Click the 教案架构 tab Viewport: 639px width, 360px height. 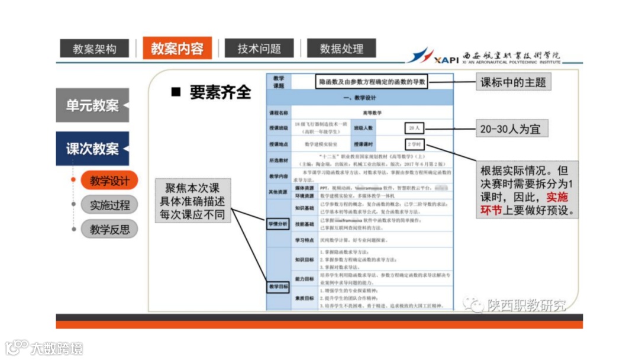[x=95, y=49]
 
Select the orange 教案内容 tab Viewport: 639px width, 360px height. [x=177, y=48]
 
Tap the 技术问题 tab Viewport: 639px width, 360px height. [x=259, y=49]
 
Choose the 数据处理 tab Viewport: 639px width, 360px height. [x=341, y=49]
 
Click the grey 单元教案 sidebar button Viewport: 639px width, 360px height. [x=92, y=106]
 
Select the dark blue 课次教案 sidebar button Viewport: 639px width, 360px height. [x=92, y=149]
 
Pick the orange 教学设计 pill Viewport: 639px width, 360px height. [x=109, y=180]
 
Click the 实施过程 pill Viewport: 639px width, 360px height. [x=109, y=205]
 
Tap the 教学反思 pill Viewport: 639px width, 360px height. [x=109, y=229]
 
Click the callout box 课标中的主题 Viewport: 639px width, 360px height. [x=513, y=82]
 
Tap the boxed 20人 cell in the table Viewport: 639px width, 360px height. [x=414, y=128]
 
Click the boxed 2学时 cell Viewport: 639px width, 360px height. [x=414, y=144]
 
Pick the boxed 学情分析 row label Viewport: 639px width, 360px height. [x=278, y=224]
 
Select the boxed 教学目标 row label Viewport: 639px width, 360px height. [x=278, y=287]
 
